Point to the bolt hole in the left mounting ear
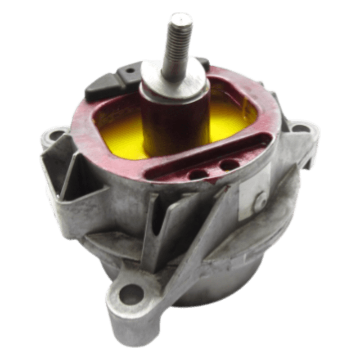tap(54, 134)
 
